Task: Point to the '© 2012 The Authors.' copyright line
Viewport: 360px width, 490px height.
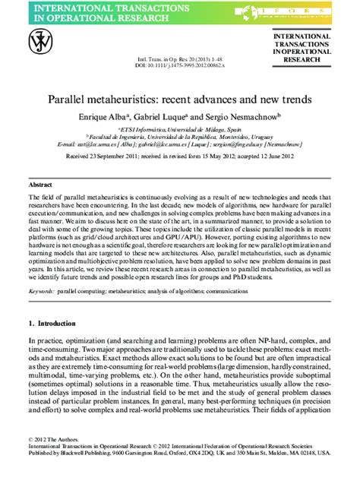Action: pyautogui.click(x=53, y=461)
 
